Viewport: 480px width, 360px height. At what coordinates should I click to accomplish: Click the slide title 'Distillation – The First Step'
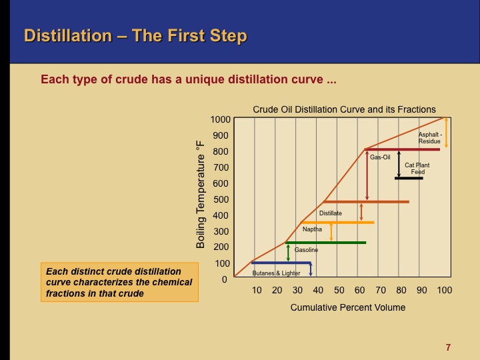[x=135, y=35]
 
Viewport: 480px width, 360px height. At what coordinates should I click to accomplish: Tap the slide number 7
[x=448, y=347]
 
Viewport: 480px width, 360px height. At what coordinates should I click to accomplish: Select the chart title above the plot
[x=344, y=109]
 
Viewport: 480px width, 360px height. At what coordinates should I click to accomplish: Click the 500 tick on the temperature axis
[x=221, y=200]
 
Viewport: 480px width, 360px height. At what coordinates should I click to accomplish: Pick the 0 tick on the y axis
[x=225, y=280]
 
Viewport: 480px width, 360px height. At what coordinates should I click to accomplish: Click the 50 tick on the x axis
[x=339, y=291]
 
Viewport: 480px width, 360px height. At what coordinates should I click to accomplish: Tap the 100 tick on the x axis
[x=444, y=291]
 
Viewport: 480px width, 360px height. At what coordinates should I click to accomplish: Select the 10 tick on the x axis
[x=256, y=291]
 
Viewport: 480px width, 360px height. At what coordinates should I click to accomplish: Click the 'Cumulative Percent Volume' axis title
[x=347, y=308]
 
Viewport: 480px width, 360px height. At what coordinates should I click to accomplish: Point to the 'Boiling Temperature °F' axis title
[x=200, y=194]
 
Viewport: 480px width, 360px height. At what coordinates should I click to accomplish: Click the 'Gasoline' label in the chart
[x=306, y=250]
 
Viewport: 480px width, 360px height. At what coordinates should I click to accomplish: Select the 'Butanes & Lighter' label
[x=276, y=273]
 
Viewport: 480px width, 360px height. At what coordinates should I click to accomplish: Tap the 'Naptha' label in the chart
[x=312, y=229]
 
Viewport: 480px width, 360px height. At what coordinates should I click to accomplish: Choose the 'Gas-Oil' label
[x=380, y=157]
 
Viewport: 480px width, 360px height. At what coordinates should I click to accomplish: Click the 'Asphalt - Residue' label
[x=429, y=138]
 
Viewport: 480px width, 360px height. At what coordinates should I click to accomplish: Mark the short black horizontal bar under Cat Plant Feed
[x=409, y=178]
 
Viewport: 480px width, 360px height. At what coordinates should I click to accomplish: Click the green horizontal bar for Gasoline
[x=326, y=243]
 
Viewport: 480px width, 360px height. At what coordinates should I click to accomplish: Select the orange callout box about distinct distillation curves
[x=119, y=282]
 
